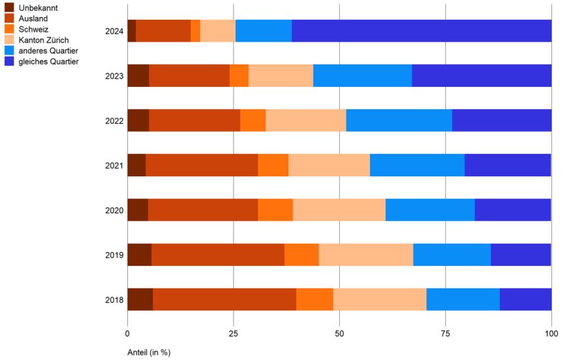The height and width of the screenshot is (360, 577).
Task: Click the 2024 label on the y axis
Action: tap(114, 31)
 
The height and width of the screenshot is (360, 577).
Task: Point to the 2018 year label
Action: tap(114, 299)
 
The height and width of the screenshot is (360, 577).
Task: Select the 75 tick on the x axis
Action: tap(445, 333)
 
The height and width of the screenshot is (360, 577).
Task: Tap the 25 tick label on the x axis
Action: tap(233, 333)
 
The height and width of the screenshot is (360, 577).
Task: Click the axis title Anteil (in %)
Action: tap(149, 352)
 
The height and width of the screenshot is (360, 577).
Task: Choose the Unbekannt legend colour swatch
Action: tap(9, 7)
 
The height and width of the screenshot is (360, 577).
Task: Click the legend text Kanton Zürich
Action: tap(43, 40)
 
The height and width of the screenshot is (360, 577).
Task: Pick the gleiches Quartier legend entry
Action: tap(49, 61)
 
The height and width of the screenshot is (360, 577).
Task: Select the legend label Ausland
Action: tap(33, 18)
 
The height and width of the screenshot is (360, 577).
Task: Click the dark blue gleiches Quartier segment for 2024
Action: tap(422, 31)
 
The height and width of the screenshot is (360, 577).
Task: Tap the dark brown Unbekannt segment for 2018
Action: tap(140, 299)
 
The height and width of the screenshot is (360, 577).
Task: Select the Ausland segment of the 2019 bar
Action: tap(217, 255)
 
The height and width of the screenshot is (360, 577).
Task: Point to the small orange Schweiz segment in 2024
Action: tap(195, 31)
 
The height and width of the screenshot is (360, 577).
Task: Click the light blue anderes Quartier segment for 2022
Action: tap(398, 120)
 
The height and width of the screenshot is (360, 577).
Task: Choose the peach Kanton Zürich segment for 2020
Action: tap(339, 210)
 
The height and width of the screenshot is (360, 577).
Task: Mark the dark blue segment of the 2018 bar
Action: tap(525, 299)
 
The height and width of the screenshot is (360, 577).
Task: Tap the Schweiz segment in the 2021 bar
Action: tap(273, 165)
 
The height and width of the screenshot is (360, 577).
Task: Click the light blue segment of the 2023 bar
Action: tap(362, 76)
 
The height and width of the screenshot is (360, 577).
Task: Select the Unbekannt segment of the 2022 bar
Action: tap(138, 120)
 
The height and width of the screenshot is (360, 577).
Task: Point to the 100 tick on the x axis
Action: tap(551, 333)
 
